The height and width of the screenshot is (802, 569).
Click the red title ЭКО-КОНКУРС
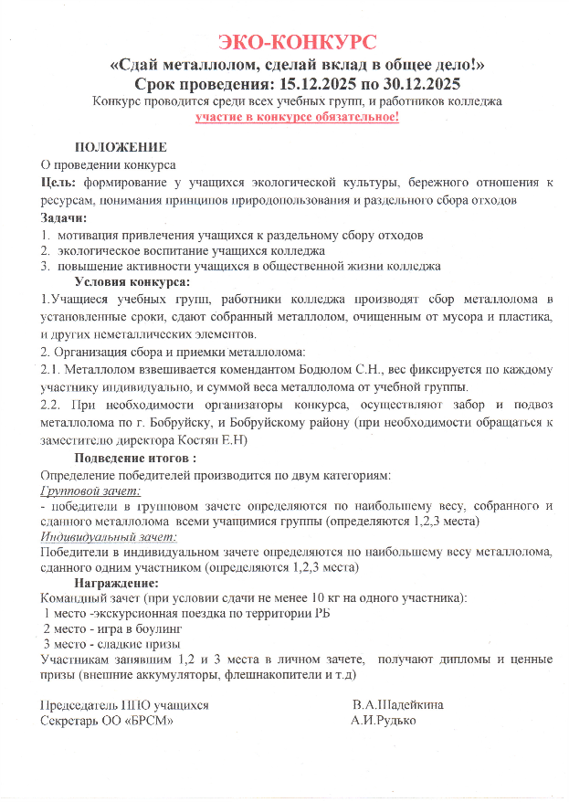point(297,42)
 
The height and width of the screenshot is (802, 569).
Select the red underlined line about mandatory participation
point(297,118)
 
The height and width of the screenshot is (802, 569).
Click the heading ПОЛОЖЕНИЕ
point(121,148)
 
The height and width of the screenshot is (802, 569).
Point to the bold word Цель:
point(58,182)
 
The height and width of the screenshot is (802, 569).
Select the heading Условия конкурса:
point(132,282)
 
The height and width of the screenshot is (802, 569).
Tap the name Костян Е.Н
point(220,439)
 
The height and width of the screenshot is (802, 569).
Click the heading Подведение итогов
point(135,457)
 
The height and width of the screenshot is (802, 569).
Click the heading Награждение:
point(117,582)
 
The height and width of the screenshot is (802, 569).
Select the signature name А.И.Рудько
point(383,722)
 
